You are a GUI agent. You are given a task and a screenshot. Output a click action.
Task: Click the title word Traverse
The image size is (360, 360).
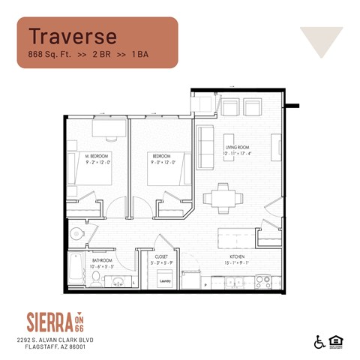[73, 35]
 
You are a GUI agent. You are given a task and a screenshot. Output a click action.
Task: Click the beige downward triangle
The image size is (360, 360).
[321, 41]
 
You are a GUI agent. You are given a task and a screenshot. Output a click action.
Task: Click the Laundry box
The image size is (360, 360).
[164, 280]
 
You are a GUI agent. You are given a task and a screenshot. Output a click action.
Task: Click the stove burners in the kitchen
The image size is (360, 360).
[262, 281]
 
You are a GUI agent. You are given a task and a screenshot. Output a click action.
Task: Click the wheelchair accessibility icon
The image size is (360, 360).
[319, 342]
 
